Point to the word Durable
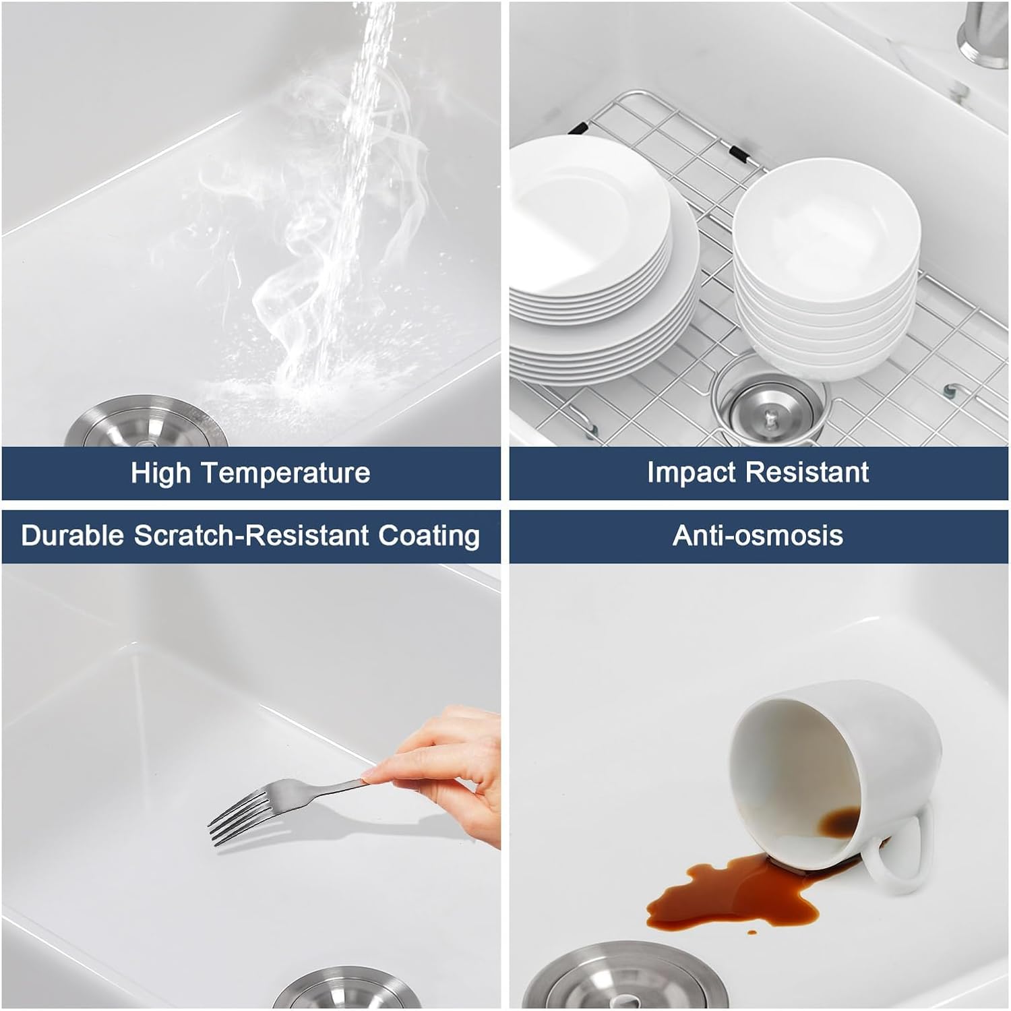click(x=73, y=536)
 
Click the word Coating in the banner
click(x=429, y=536)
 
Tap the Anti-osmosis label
click(x=758, y=536)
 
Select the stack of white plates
click(x=593, y=270)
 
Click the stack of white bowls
click(x=826, y=270)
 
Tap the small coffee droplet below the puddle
click(x=751, y=933)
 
